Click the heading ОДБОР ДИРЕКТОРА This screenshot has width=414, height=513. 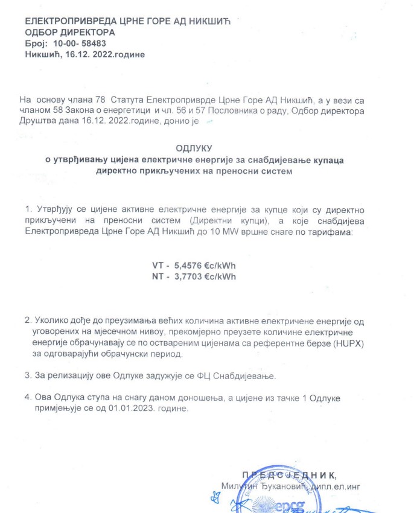click(x=70, y=33)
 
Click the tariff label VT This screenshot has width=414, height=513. click(x=159, y=265)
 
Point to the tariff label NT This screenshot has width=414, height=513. click(x=159, y=276)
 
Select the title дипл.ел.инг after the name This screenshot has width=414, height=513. click(x=339, y=485)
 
